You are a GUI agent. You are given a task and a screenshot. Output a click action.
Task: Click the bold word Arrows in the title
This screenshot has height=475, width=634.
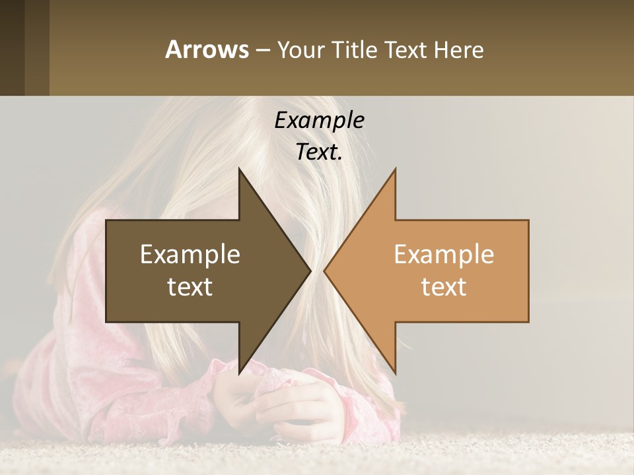coord(206,49)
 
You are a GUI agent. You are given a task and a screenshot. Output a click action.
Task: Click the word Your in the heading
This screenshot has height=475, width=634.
coord(300,50)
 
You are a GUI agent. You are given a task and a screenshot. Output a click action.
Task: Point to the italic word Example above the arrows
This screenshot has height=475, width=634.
coord(319,121)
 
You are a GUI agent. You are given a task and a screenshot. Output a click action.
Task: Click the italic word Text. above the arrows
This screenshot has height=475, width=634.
coord(319,152)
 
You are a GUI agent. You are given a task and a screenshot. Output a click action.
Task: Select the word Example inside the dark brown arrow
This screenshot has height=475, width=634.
coord(190,255)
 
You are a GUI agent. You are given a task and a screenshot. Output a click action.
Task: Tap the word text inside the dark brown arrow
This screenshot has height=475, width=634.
coord(190,286)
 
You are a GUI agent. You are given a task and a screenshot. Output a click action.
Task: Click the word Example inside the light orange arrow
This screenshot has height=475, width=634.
coord(444,255)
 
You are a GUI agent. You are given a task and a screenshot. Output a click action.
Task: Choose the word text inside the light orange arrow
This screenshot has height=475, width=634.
coord(444,286)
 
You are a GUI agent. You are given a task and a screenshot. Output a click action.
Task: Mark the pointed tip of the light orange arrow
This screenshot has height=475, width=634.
coord(325,270)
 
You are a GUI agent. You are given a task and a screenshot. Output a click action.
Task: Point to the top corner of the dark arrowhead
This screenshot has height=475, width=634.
coord(239,170)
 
